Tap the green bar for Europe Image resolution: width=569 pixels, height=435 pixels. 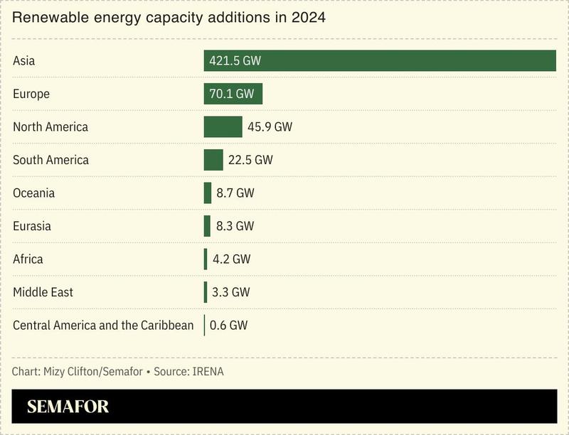[233, 94]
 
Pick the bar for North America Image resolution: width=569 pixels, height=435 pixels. [223, 127]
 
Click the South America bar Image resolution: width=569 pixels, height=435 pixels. [213, 160]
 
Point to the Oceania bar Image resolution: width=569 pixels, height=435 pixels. [208, 193]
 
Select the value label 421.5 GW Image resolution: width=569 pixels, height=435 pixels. [235, 61]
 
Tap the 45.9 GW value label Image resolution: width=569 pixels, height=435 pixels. [270, 127]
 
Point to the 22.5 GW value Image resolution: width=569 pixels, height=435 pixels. [250, 160]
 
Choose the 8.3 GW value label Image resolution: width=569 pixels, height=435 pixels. [235, 226]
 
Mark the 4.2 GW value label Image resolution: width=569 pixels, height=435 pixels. [231, 259]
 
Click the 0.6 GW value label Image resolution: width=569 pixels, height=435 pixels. [228, 326]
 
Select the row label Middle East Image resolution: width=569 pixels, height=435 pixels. [43, 292]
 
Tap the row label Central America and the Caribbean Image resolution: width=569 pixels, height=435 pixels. [103, 326]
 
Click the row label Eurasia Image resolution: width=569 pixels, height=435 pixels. [32, 226]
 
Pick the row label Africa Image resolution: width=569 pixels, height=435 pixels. [28, 259]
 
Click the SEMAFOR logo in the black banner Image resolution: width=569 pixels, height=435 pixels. [68, 407]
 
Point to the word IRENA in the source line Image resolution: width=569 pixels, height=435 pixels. [208, 372]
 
